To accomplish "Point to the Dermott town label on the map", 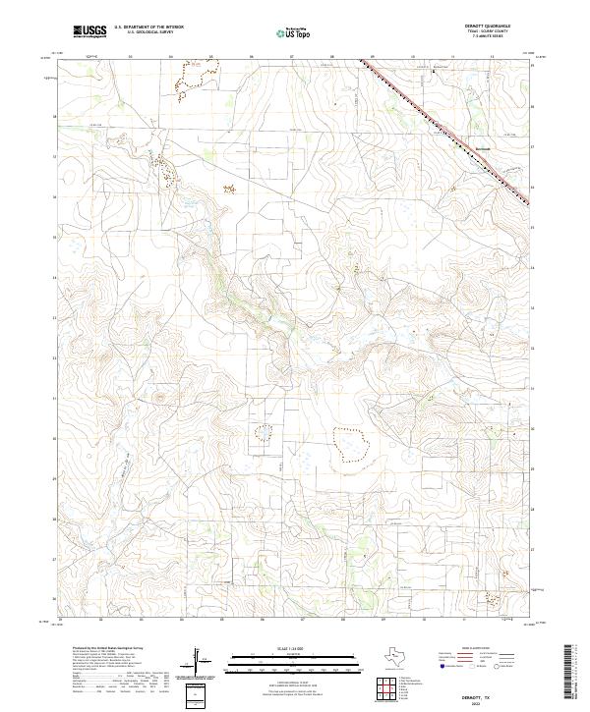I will pyautogui.click(x=481, y=148).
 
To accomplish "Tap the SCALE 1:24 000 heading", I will pyautogui.click(x=278, y=648).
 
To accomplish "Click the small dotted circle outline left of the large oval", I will pyautogui.click(x=263, y=433).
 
